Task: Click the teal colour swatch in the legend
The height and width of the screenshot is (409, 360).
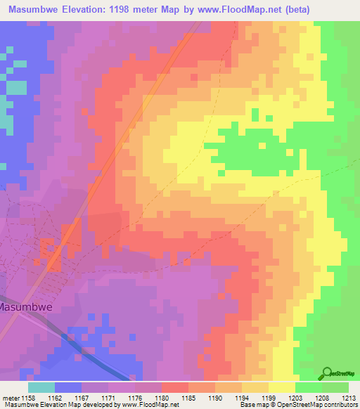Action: pos(41,387)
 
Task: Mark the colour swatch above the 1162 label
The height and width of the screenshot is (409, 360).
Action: pos(68,387)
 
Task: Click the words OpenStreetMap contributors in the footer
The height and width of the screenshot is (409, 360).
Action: pos(317,405)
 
